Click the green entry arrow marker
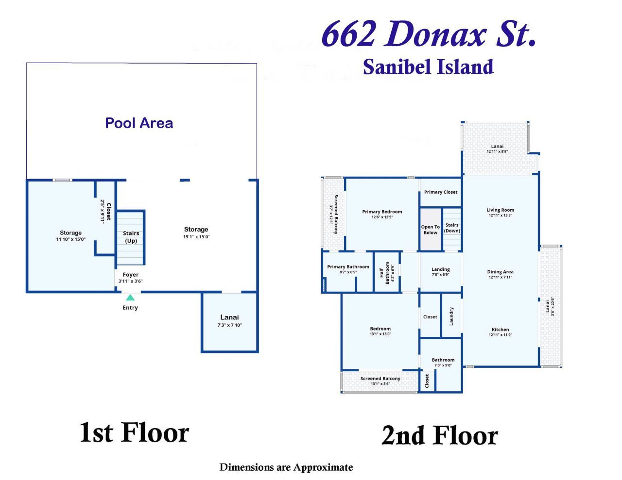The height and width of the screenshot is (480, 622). (x=130, y=298)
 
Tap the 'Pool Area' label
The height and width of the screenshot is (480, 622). (x=139, y=123)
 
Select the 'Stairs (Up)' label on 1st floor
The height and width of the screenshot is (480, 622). (x=131, y=237)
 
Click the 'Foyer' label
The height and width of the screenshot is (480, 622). (x=130, y=275)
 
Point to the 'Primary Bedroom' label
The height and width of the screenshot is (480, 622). (x=382, y=212)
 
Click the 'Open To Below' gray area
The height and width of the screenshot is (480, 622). (x=430, y=230)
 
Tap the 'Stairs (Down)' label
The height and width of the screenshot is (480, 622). (x=452, y=228)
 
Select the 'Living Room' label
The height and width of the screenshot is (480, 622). (x=500, y=210)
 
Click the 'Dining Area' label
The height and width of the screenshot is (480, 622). (x=500, y=272)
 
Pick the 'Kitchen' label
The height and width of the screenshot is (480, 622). (x=500, y=330)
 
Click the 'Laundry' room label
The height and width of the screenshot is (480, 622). (x=451, y=316)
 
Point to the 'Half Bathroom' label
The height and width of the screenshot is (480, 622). (x=387, y=273)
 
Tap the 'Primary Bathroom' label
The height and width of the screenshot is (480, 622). (x=348, y=267)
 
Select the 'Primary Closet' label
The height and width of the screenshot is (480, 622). (x=440, y=192)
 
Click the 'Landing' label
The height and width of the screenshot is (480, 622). (x=440, y=269)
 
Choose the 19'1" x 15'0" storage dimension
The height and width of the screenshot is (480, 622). (x=196, y=237)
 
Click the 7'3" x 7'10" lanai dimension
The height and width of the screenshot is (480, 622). (x=229, y=325)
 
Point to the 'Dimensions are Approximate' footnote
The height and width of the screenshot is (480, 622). (x=286, y=467)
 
